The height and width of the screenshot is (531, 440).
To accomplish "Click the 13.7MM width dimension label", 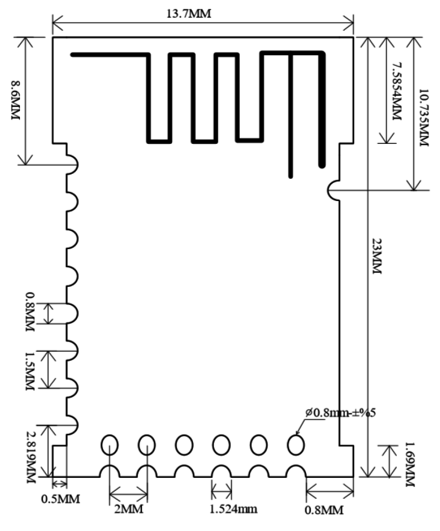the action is tap(188, 14).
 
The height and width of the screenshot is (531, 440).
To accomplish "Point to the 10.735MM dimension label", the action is tap(423, 118).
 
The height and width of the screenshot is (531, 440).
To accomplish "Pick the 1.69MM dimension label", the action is tap(410, 464).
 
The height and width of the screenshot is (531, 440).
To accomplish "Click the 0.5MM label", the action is tap(61, 499).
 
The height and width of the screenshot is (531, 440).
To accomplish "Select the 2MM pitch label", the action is tap(129, 509).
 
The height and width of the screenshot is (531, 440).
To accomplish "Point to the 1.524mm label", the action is tap(233, 509).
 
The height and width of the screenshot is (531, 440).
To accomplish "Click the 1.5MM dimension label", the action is tap(30, 371).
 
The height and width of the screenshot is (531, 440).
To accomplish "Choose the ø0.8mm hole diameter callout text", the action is tap(341, 413).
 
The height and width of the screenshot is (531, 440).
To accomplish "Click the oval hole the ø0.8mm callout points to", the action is tap(296, 444).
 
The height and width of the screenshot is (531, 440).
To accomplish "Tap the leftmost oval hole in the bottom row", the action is tap(109, 444).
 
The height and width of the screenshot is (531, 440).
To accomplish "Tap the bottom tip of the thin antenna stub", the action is tap(290, 177).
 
